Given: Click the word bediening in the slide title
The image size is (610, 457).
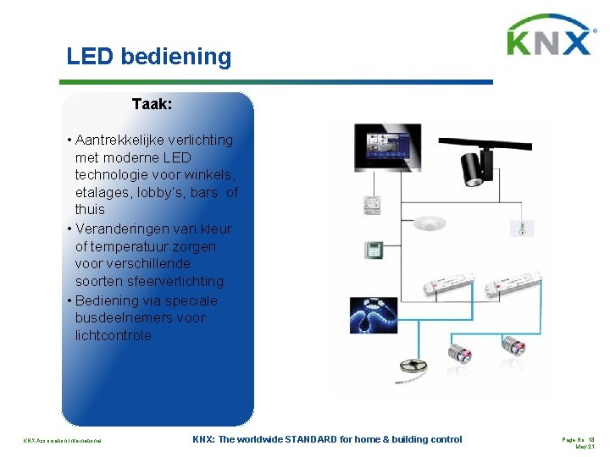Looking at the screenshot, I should (175, 58).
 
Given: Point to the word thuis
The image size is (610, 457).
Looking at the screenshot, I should (90, 209).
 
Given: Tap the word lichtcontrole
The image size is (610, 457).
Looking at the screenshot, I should (114, 335).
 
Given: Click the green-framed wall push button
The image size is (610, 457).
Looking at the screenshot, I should (374, 250).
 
